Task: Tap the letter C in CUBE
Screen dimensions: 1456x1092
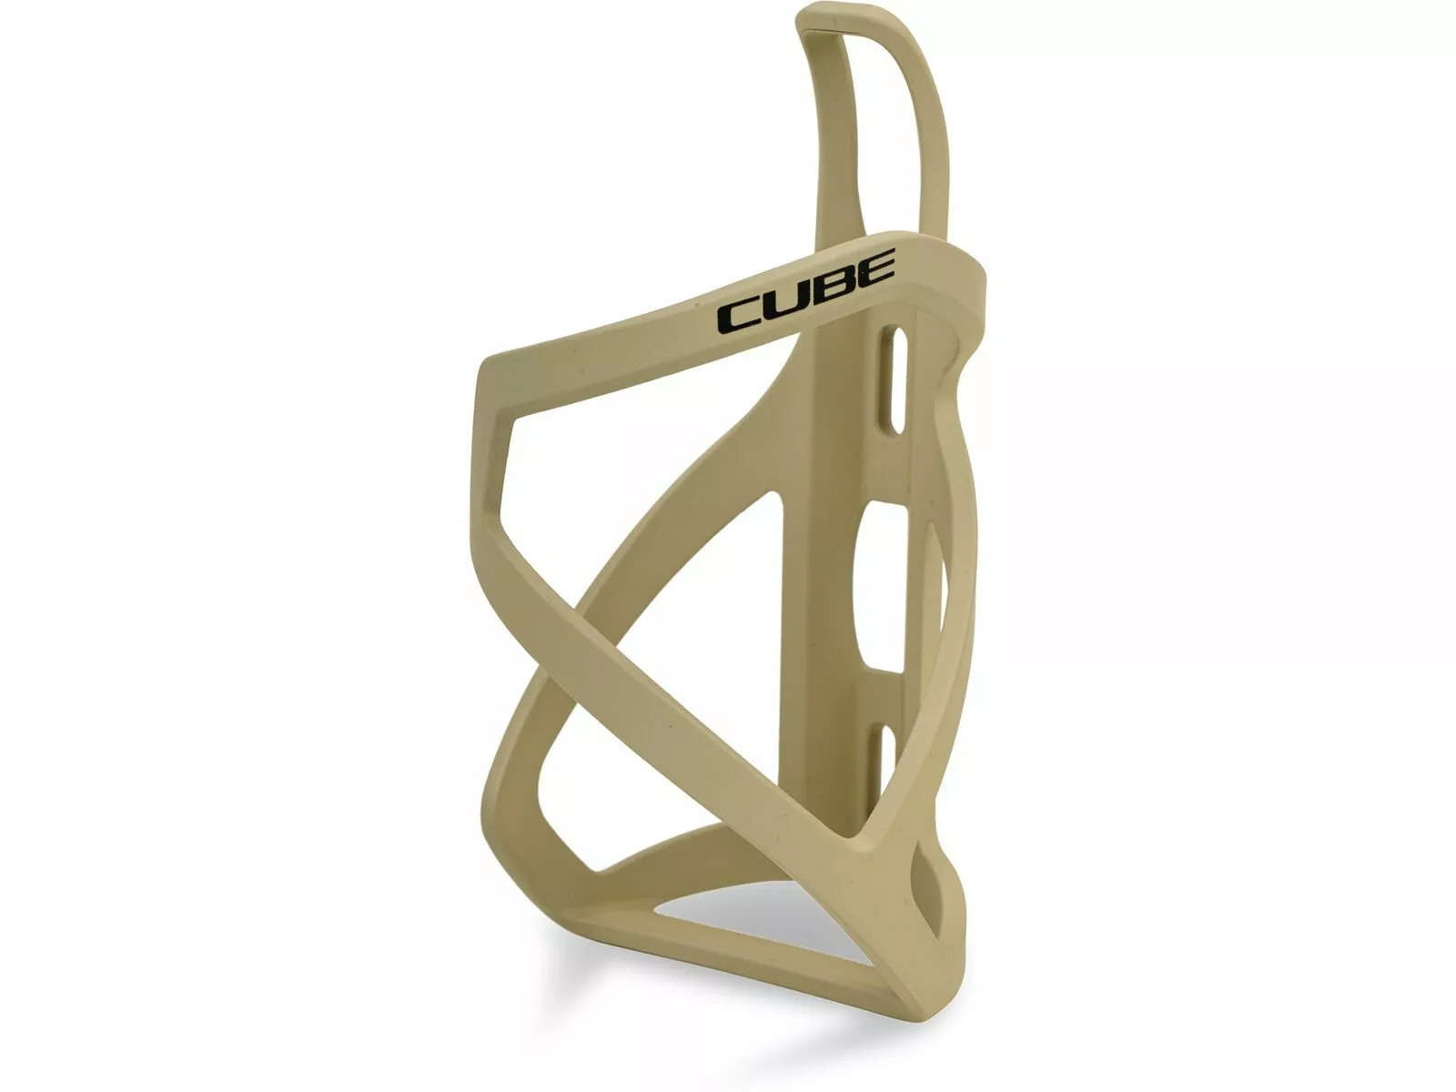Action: point(741,316)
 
